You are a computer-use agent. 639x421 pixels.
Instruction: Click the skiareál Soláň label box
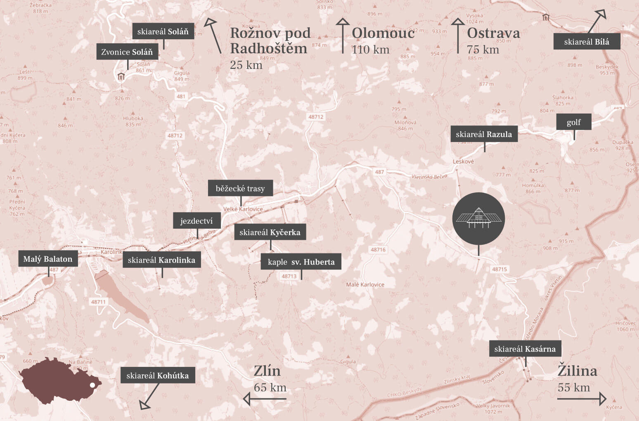pyautogui.click(x=163, y=31)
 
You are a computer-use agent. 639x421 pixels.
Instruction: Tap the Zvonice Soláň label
pyautogui.click(x=127, y=52)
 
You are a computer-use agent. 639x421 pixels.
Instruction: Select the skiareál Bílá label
pyautogui.click(x=587, y=42)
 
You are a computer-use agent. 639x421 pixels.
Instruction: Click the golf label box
pyautogui.click(x=574, y=122)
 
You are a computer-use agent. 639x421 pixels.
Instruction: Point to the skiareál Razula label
pyautogui.click(x=484, y=134)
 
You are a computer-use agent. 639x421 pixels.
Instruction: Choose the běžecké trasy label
pyautogui.click(x=240, y=188)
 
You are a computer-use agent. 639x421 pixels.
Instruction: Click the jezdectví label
pyautogui.click(x=196, y=221)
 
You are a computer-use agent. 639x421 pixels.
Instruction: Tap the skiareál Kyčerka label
pyautogui.click(x=270, y=232)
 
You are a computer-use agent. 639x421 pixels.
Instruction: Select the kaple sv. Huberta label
pyautogui.click(x=301, y=262)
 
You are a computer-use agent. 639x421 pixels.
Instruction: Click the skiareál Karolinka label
pyautogui.click(x=161, y=260)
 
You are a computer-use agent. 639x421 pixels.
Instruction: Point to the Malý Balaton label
pyautogui.click(x=48, y=259)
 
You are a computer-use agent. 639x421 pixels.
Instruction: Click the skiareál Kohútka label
pyautogui.click(x=157, y=376)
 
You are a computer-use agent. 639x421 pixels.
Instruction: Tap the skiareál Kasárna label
pyautogui.click(x=525, y=349)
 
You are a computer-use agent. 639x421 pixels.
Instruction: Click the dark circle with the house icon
pyautogui.click(x=478, y=218)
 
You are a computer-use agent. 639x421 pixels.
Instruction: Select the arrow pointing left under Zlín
pyautogui.click(x=265, y=399)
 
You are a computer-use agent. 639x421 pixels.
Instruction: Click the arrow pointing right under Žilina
pyautogui.click(x=582, y=399)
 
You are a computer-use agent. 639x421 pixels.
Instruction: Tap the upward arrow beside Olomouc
pyautogui.click(x=342, y=36)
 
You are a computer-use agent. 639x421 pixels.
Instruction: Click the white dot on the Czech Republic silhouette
pyautogui.click(x=92, y=385)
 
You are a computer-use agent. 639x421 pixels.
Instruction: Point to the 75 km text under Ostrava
pyautogui.click(x=483, y=50)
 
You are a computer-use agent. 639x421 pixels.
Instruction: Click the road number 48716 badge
pyautogui.click(x=378, y=250)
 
